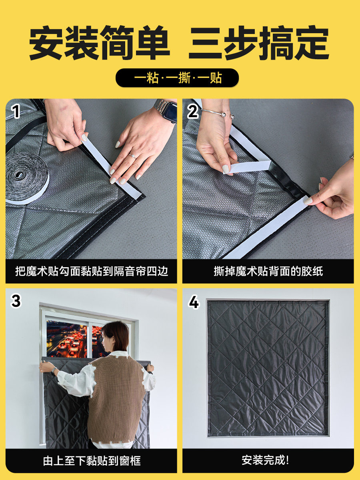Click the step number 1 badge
[16, 111]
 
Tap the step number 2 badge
[193, 112]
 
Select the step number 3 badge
[16, 301]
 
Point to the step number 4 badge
[194, 302]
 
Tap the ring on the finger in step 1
[133, 156]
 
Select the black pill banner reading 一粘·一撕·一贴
[177, 78]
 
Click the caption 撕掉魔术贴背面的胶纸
[268, 271]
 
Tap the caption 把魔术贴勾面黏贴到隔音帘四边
[92, 271]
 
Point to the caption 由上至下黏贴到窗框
[92, 461]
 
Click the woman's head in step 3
[116, 338]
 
